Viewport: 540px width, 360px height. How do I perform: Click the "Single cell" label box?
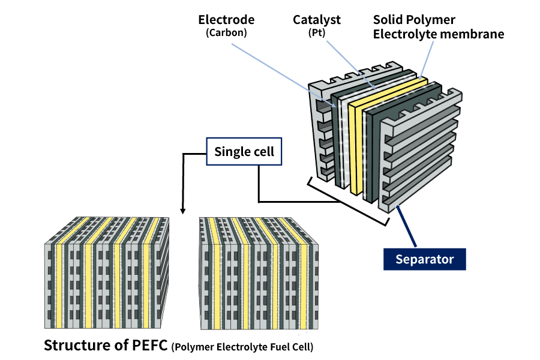[x=244, y=152]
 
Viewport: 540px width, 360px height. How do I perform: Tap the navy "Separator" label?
[x=424, y=260]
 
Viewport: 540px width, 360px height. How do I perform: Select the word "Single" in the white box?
[x=229, y=152]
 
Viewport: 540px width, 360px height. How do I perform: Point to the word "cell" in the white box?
[x=263, y=152]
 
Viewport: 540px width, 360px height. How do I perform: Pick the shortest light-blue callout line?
[x=427, y=60]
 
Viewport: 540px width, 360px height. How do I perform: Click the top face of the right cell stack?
[x=258, y=231]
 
